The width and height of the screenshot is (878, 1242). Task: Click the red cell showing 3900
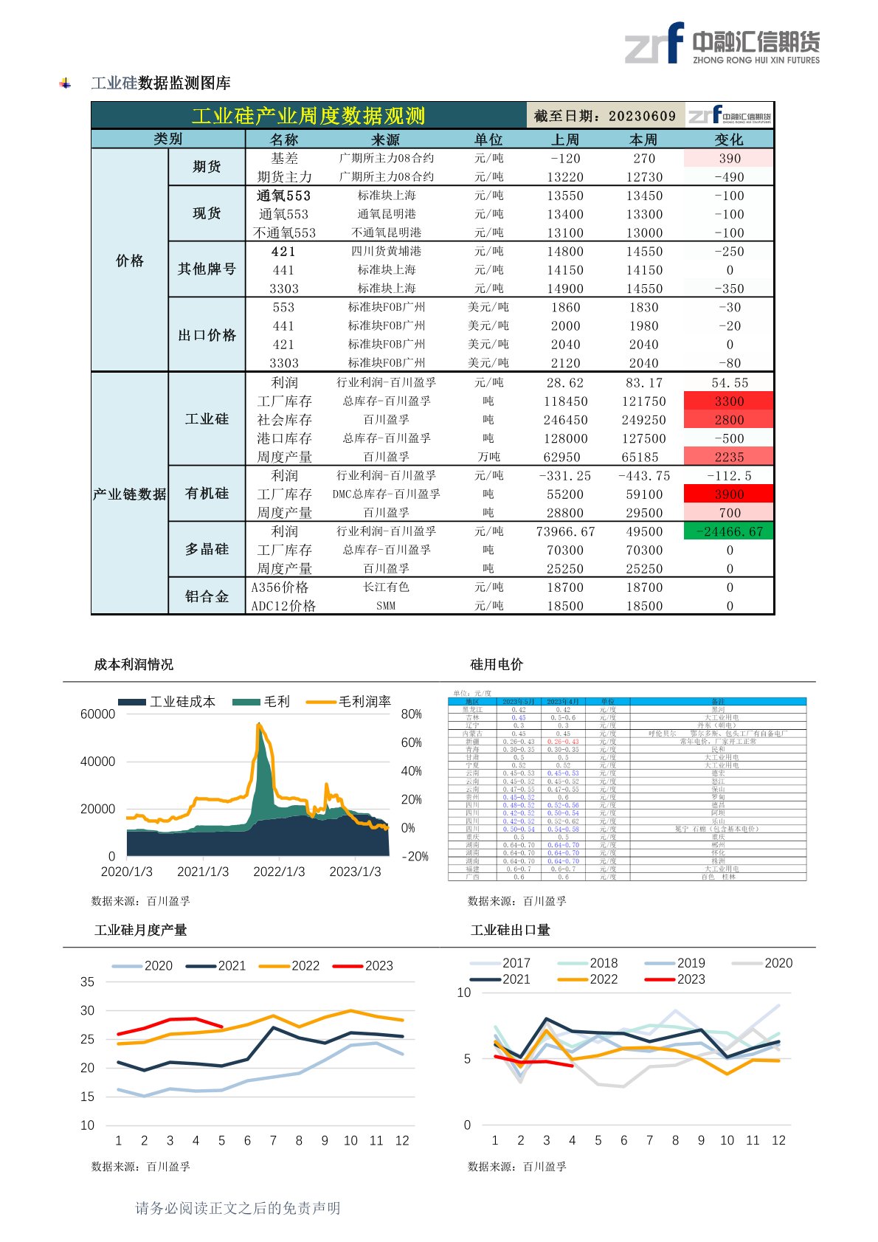pos(729,494)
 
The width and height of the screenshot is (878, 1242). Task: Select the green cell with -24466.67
pos(729,531)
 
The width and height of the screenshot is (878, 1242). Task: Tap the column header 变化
pos(729,139)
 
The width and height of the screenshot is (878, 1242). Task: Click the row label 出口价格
pos(207,335)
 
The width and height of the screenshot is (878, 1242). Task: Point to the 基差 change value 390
pos(729,158)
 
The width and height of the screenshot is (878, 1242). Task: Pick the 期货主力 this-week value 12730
pos(644,177)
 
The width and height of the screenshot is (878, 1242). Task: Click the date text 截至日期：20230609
pos(605,116)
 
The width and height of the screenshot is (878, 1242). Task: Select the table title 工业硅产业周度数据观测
pos(308,116)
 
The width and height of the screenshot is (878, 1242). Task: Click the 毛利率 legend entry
pos(349,702)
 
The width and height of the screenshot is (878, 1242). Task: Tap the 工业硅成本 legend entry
pos(167,702)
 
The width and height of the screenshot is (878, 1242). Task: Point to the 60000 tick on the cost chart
pos(97,714)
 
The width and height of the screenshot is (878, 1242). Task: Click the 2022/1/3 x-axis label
pos(279,872)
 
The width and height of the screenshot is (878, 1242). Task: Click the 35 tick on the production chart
pos(87,981)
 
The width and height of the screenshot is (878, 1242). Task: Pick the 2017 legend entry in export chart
pos(500,963)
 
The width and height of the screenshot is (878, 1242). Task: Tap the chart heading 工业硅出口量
pos(511,930)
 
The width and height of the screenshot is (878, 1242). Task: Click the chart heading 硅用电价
pos(497,664)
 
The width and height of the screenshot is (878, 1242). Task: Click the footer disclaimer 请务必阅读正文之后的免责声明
pos(238,1208)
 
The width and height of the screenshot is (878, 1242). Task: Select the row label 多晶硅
pos(207,549)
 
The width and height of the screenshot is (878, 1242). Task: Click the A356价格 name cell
pos(280,587)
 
